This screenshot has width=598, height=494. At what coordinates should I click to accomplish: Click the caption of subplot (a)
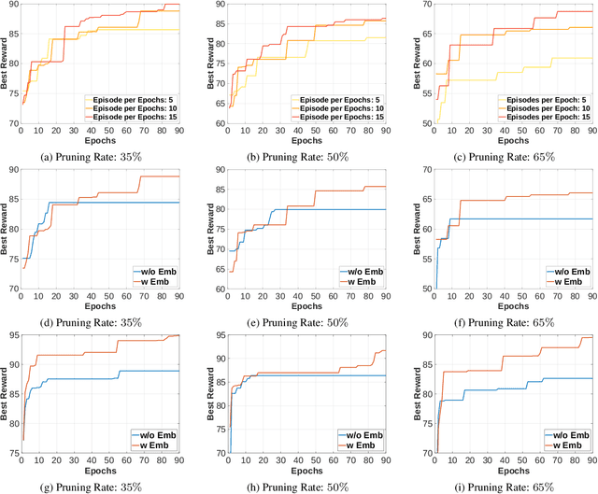(x=102, y=155)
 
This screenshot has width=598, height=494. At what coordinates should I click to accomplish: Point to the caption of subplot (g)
(x=102, y=487)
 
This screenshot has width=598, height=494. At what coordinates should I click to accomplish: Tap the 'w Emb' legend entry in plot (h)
(x=361, y=445)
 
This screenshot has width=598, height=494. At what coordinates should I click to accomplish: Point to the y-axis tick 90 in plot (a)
(x=11, y=5)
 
